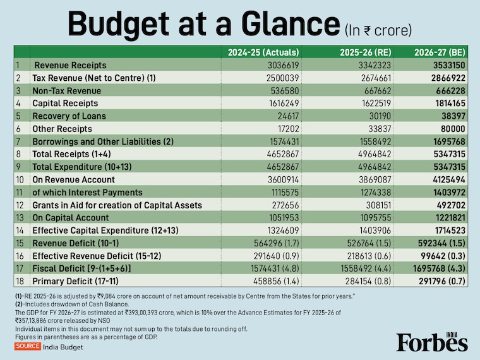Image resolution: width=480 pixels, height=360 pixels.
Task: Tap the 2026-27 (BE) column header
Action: point(439,52)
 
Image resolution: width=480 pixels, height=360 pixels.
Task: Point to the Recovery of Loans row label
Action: point(69,116)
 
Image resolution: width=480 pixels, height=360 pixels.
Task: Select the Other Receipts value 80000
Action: point(453,129)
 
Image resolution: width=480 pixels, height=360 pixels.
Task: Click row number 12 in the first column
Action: point(20,205)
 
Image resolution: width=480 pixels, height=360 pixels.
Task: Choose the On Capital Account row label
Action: point(69,217)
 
